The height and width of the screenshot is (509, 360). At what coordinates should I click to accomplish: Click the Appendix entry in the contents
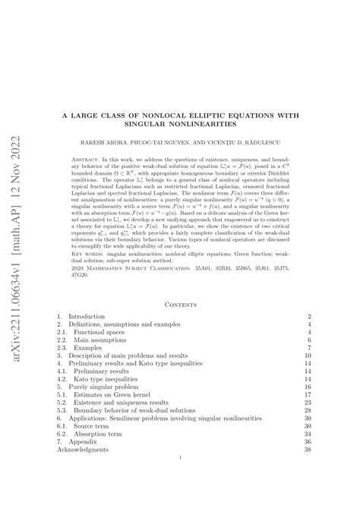point(83,449)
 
